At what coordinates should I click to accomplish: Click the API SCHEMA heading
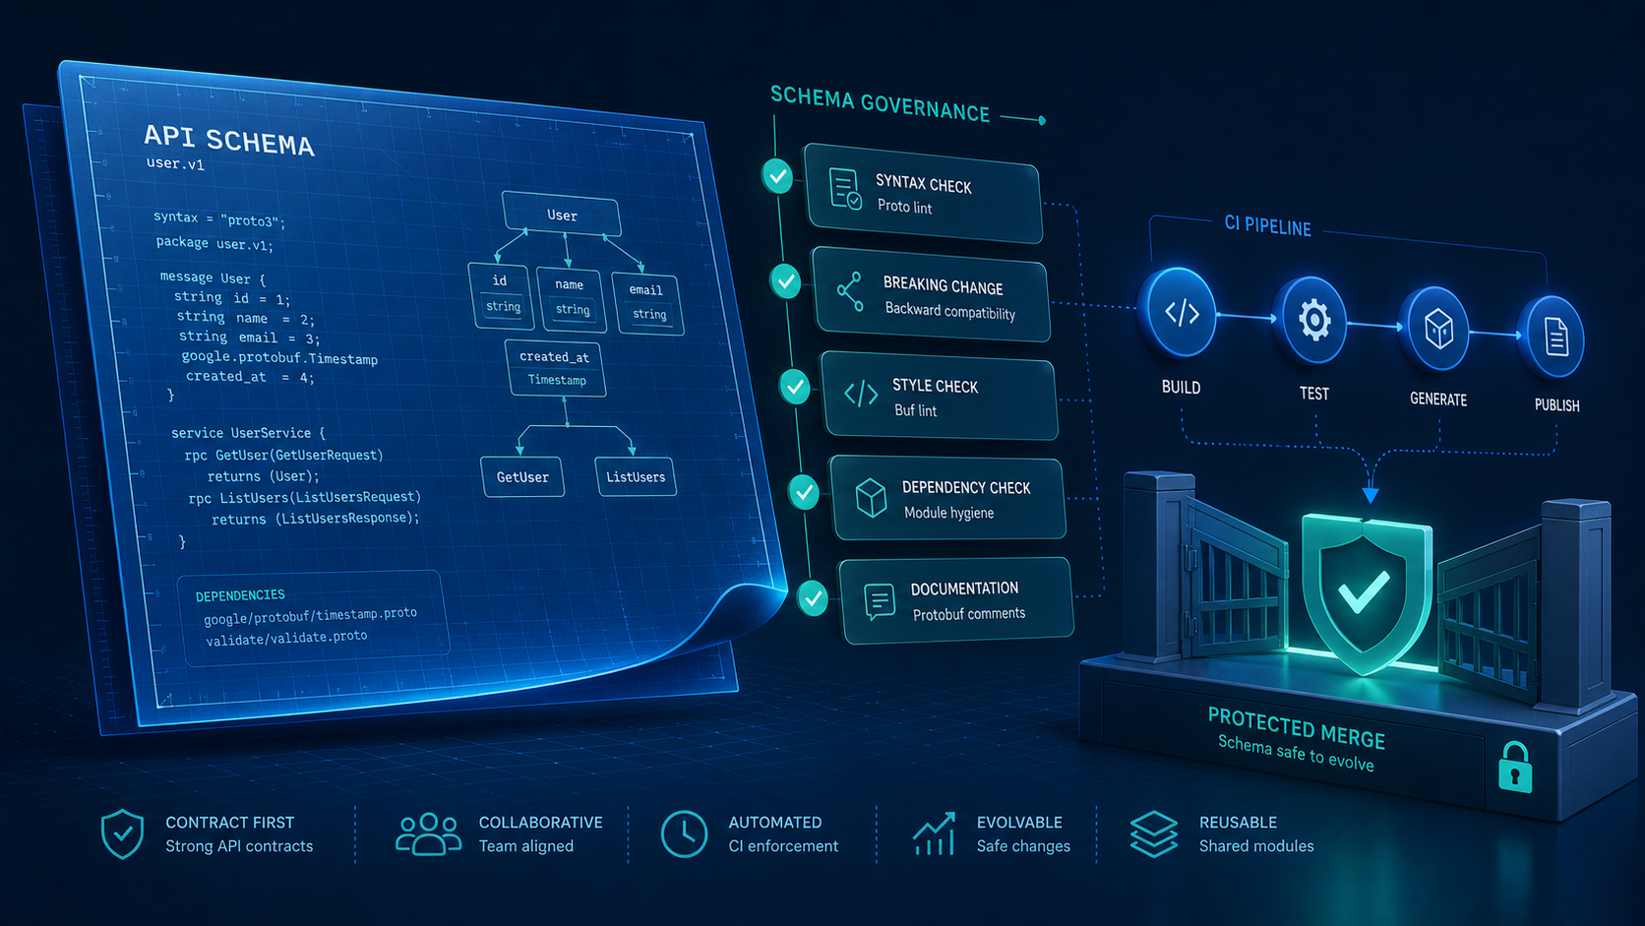coord(228,140)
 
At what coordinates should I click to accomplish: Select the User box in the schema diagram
coord(561,215)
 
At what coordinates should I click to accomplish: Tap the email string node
coord(647,302)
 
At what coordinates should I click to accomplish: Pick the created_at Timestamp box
coord(555,369)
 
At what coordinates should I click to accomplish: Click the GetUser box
coord(522,476)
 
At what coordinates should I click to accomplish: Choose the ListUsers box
coord(636,476)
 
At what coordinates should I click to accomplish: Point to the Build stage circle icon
coord(1181,313)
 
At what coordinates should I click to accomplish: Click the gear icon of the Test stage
coord(1313,320)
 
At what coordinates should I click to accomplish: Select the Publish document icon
coord(1556,338)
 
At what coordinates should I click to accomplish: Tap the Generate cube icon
coord(1438,329)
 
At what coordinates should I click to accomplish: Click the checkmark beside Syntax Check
coord(777,176)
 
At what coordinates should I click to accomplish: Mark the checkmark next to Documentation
coord(813,598)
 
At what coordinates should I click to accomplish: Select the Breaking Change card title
coord(943,285)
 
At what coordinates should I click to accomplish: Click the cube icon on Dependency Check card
coord(871,498)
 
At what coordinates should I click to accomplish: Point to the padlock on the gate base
coord(1515,768)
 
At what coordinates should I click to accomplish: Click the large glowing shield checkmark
coord(1364,591)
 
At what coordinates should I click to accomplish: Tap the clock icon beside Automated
coord(684,834)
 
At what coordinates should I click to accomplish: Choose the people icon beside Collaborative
coord(428,834)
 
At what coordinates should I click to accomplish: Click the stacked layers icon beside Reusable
coord(1154,834)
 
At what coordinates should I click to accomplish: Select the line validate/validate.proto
coord(286,638)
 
